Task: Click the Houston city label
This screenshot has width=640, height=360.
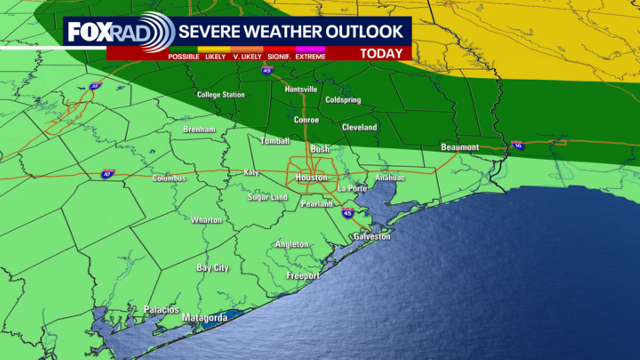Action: tap(311, 177)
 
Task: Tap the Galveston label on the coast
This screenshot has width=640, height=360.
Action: tap(372, 236)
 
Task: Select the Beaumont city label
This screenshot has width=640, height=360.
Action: tap(460, 147)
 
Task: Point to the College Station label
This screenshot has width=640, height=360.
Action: tap(221, 95)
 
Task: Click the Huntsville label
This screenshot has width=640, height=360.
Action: tap(301, 89)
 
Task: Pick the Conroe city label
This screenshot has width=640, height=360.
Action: tap(306, 120)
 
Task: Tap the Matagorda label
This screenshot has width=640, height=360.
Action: tap(205, 318)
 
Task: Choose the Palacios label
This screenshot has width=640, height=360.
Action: tap(161, 310)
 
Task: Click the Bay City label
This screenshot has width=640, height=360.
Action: tap(212, 268)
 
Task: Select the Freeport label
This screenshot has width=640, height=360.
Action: tap(303, 276)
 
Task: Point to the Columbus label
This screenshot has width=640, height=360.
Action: tap(169, 178)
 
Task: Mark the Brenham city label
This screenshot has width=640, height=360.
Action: tap(199, 129)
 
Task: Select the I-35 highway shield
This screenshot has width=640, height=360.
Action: tap(95, 86)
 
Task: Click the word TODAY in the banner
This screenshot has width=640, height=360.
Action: tap(381, 54)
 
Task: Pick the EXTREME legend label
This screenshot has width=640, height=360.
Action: tap(310, 57)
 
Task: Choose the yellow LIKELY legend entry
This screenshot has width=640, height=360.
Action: tap(215, 57)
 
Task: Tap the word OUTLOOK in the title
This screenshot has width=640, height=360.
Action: tap(364, 32)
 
